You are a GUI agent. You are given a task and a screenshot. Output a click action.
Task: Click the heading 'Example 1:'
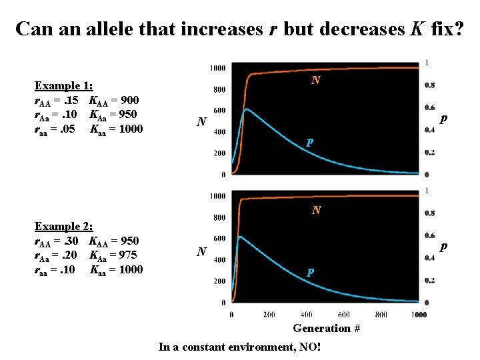[x=63, y=86]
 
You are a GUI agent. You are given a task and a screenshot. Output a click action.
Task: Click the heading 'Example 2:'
[x=63, y=227]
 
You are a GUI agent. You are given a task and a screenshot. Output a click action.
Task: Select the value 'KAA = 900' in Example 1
[x=114, y=101]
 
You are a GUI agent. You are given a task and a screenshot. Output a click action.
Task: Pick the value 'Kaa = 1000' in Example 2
[x=116, y=269]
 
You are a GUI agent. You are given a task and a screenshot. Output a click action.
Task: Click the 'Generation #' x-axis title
[x=327, y=328]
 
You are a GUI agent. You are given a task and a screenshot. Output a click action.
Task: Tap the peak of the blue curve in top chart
[x=246, y=109]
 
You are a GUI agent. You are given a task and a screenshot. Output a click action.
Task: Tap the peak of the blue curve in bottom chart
[x=241, y=237]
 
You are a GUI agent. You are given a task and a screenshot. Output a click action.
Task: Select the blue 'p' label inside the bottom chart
[x=309, y=272]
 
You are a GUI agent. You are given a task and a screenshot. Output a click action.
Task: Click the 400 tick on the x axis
[x=307, y=314]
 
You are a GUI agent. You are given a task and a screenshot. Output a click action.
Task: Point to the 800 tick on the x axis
[x=382, y=314]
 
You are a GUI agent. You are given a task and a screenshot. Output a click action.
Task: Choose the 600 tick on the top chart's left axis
[x=218, y=111]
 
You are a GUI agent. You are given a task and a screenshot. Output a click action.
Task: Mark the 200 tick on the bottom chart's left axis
[x=218, y=281]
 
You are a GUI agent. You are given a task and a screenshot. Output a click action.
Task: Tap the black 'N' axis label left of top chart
[x=201, y=122]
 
